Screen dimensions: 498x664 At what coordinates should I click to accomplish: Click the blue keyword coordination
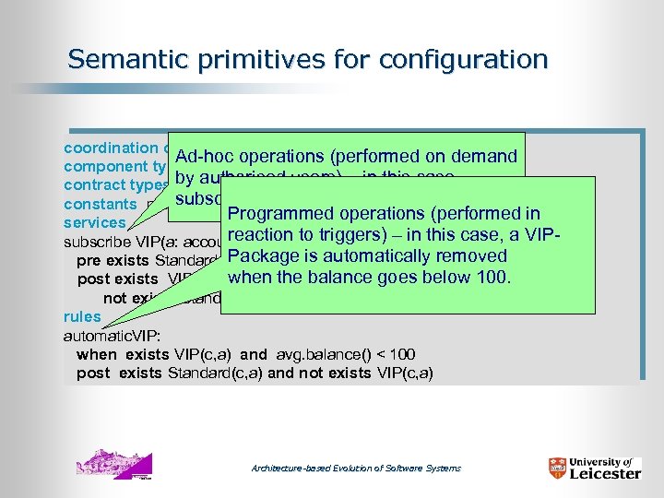tap(110, 148)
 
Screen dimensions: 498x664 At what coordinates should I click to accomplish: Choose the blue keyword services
tap(94, 223)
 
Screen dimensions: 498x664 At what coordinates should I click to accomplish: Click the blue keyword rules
tap(82, 316)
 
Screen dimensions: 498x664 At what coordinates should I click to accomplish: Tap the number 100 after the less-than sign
tap(401, 354)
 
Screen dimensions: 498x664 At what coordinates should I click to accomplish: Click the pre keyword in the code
tap(89, 261)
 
